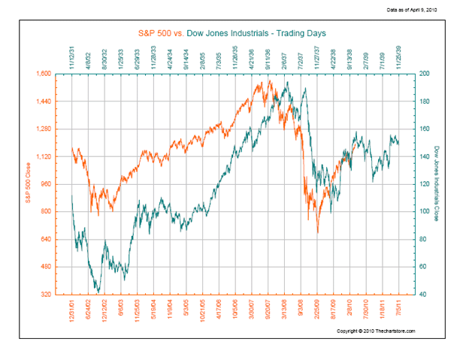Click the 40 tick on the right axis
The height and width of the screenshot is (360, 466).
point(424,294)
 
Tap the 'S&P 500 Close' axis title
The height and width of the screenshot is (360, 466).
point(28,184)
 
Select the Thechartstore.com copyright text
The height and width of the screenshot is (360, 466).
point(376,331)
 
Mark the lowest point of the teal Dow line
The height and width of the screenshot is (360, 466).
point(98,292)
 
